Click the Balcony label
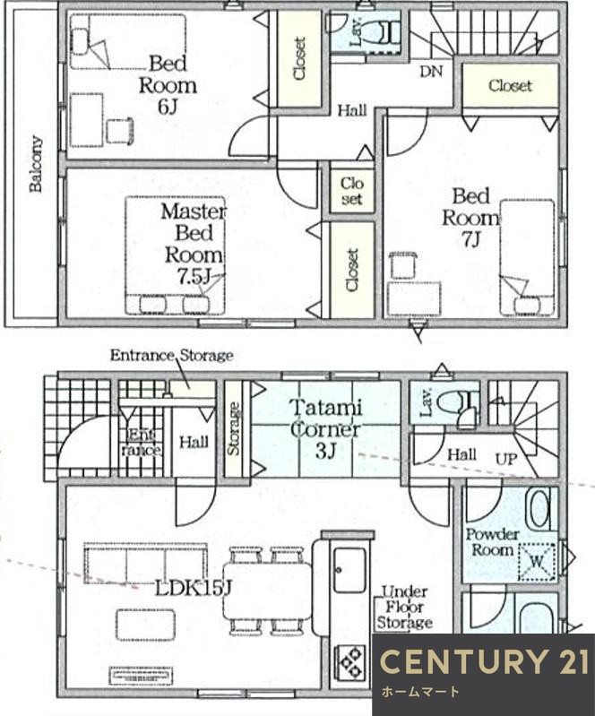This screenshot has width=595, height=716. (x=36, y=163)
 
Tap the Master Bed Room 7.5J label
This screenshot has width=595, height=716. (x=194, y=245)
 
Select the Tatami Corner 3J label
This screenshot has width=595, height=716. (x=325, y=428)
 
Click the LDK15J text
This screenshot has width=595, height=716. (x=194, y=589)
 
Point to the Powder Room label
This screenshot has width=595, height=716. (x=492, y=542)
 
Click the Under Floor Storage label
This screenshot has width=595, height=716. (x=404, y=608)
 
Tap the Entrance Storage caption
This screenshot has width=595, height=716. (x=172, y=355)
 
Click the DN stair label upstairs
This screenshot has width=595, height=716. (x=431, y=72)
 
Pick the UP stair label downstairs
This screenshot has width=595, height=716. (x=506, y=459)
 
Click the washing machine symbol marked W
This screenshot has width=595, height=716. (x=537, y=562)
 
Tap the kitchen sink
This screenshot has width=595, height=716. (x=349, y=570)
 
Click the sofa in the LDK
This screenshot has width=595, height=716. (x=146, y=563)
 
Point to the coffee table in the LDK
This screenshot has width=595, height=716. (x=145, y=625)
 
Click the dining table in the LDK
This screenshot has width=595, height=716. (x=268, y=591)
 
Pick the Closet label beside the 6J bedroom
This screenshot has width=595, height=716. (x=299, y=59)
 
